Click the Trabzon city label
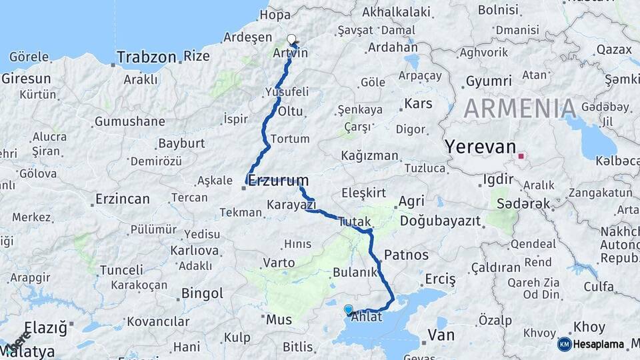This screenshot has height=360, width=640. coord(147,57)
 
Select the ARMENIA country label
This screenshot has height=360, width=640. coord(520,108)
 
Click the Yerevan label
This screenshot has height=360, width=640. coord(481,147)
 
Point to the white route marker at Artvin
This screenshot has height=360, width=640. coord(291,39)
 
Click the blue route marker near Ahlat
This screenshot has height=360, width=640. coord(348,309)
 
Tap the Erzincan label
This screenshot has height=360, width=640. coord(122,199)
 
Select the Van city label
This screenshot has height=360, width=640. coord(441,334)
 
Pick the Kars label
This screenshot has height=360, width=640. coord(419,103)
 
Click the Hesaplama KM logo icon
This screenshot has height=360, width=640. coord(564,344)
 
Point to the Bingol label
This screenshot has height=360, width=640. coord(202,293)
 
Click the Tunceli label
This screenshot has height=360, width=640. coord(121,270)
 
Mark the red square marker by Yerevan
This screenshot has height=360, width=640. coord(521,157)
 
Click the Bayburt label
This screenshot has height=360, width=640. coord(181,143)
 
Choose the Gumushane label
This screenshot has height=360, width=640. coord(129,121)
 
